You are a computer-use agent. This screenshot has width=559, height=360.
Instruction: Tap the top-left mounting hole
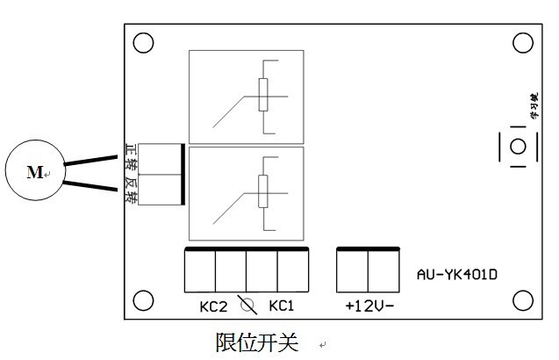pos(144,42)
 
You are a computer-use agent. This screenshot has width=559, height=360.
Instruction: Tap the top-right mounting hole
pos(523,42)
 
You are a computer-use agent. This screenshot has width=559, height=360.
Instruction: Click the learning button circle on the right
pos(519,146)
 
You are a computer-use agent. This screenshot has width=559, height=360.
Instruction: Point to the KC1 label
pos(281,306)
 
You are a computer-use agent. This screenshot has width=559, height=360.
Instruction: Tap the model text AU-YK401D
pos(457,273)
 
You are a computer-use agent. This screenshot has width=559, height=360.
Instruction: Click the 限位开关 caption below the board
pos(257,341)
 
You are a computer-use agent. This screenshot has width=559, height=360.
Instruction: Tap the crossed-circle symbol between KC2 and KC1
pos(247,306)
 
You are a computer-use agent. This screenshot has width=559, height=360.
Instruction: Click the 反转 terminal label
pos(130,191)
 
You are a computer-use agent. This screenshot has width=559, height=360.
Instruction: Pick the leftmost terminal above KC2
pos(200,271)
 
